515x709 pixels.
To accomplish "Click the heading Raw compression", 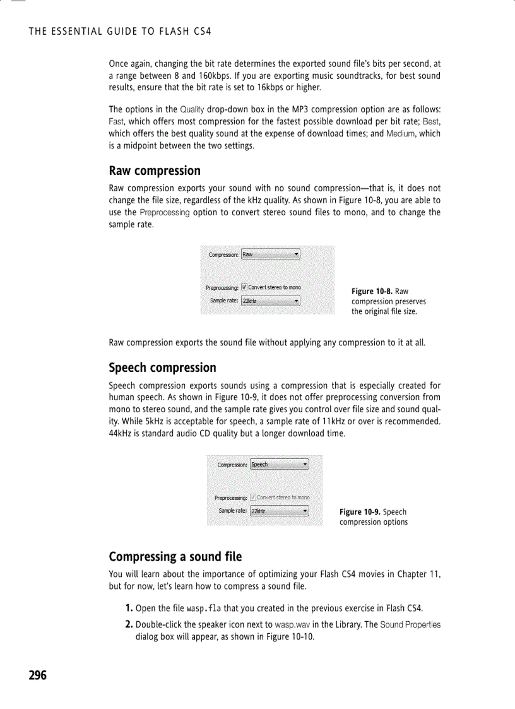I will pyautogui.click(x=155, y=170).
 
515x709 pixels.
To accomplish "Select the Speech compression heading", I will pyautogui.click(x=162, y=367).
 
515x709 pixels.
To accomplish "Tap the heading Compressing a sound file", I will pyautogui.click(x=175, y=556).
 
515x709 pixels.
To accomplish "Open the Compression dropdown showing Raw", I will pyautogui.click(x=271, y=254).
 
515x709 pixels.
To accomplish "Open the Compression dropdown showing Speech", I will pyautogui.click(x=280, y=465).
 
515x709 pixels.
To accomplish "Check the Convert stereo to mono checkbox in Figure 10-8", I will pyautogui.click(x=244, y=288).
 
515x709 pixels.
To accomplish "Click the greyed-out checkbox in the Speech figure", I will pyautogui.click(x=253, y=497).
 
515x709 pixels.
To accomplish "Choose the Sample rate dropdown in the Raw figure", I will pyautogui.click(x=271, y=301).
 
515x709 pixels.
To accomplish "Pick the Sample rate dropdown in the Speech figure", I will pyautogui.click(x=280, y=511).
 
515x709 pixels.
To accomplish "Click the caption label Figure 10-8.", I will pyautogui.click(x=372, y=291).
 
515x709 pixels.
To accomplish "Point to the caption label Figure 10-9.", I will pyautogui.click(x=360, y=511).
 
